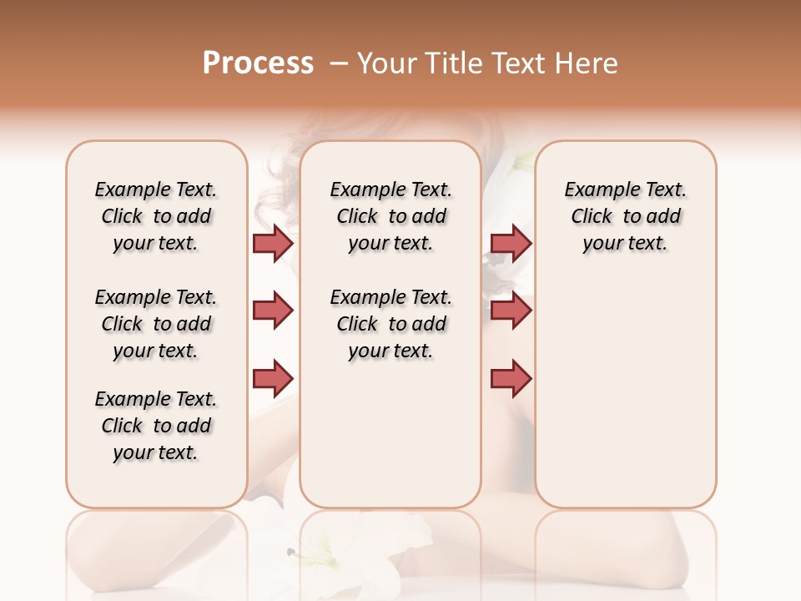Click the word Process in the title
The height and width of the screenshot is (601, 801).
pos(258,63)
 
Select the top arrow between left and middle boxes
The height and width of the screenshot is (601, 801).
pos(273,243)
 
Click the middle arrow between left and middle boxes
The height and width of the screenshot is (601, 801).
pos(273,311)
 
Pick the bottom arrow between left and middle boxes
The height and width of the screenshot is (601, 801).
pos(273,379)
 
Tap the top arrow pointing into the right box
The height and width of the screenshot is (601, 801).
pos(511,243)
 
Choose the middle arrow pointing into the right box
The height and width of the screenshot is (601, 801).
pos(511,311)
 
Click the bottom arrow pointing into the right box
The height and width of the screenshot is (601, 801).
pos(511,379)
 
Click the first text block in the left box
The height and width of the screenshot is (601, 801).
pos(156,216)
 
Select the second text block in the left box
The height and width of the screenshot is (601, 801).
pos(156,324)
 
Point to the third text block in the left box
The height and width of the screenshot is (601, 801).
pos(156,426)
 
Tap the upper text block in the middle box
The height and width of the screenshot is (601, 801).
pos(390,216)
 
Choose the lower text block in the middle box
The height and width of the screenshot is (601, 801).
pos(390,324)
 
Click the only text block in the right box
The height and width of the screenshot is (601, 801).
pos(625,216)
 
